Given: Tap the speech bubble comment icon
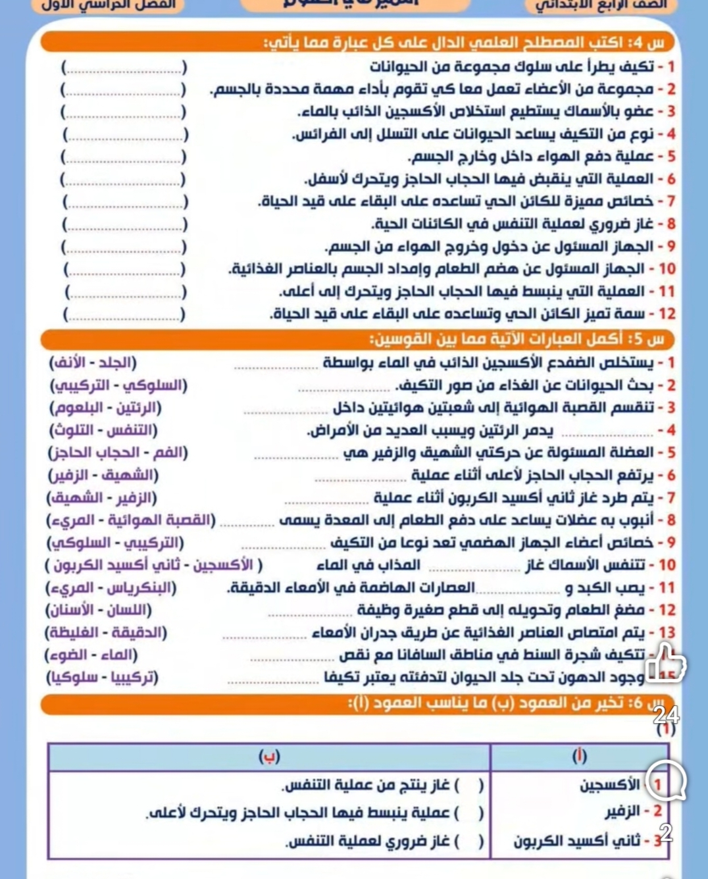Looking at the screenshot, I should [666, 782].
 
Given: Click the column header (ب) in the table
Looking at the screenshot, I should [269, 757].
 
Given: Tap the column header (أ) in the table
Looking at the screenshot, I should [579, 757].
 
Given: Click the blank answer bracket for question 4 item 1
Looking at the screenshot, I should [124, 67].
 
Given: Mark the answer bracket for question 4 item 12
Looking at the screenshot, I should [124, 314].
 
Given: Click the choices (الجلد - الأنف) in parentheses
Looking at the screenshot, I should [93, 363].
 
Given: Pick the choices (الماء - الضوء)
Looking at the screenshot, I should [91, 655].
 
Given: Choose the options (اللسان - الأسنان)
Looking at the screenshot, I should [98, 610].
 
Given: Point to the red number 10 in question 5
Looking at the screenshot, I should [667, 565].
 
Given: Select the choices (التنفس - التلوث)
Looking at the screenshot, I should [103, 430].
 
